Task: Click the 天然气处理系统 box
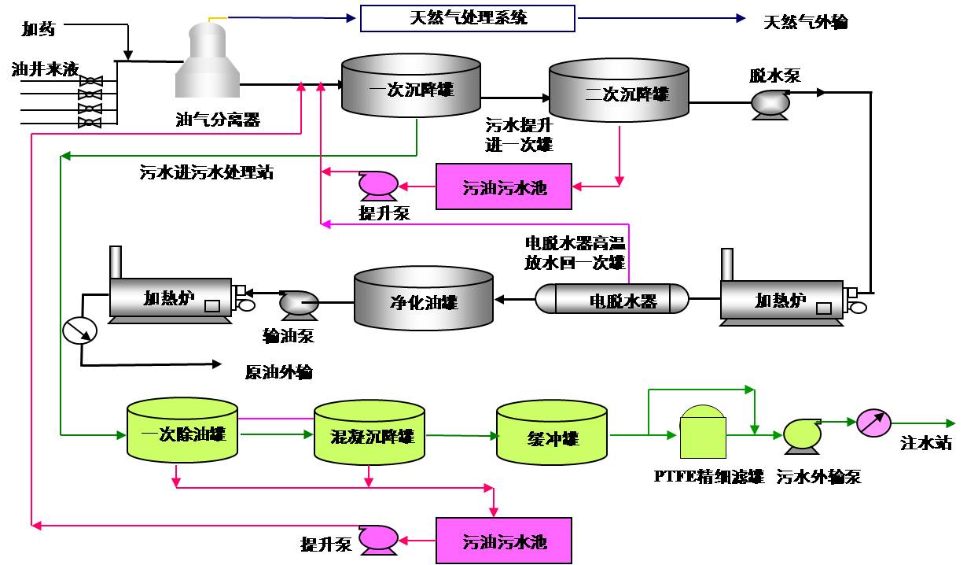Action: (x=469, y=18)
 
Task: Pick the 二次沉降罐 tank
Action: (x=619, y=94)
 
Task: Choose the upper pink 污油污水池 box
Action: (x=504, y=187)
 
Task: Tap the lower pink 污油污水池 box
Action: (x=504, y=541)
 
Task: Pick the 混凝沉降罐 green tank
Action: (x=369, y=435)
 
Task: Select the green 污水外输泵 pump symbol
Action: (x=802, y=434)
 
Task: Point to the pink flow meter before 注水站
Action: (x=870, y=423)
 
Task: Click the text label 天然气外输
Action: (x=806, y=21)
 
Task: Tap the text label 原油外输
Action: (x=278, y=372)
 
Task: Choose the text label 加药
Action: (x=39, y=30)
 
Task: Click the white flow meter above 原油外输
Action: (x=79, y=331)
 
